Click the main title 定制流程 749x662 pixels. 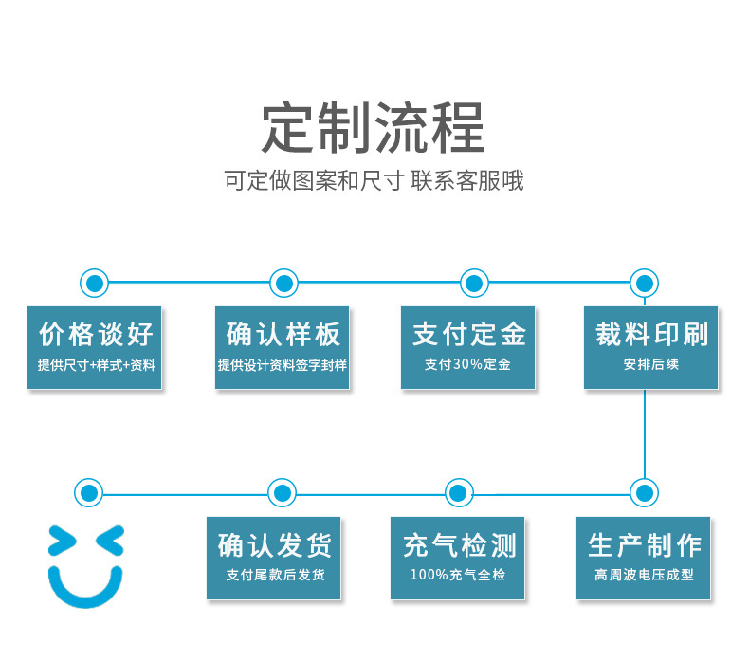click(x=373, y=128)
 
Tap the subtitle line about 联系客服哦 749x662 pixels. click(x=374, y=181)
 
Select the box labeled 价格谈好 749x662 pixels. click(x=95, y=347)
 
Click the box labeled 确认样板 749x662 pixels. click(x=282, y=347)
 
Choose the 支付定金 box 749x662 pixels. click(x=467, y=347)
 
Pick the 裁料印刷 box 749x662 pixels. click(x=650, y=347)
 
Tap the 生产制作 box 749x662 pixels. click(x=644, y=558)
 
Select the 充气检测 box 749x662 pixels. click(x=458, y=558)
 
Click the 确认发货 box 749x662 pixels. click(x=274, y=558)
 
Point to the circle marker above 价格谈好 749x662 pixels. click(x=94, y=283)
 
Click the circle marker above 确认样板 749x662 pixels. click(x=284, y=283)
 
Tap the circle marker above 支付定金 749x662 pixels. click(x=474, y=283)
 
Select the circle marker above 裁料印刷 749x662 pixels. click(x=645, y=283)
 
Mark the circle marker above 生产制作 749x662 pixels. click(x=645, y=493)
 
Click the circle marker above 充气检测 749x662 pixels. click(x=459, y=493)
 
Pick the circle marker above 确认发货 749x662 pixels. click(x=282, y=493)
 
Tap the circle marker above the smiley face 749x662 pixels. click(x=89, y=493)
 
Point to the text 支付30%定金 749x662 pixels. click(x=467, y=364)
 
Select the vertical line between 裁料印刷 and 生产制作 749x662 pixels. click(x=645, y=434)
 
